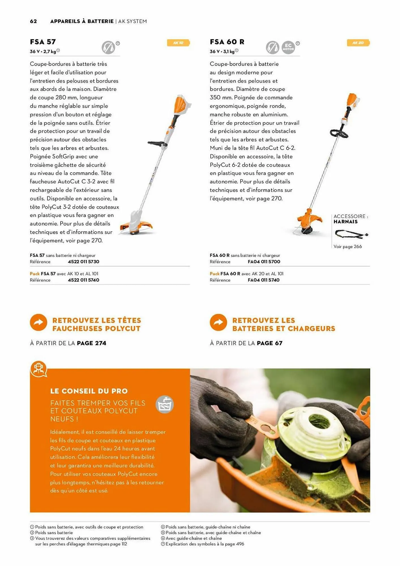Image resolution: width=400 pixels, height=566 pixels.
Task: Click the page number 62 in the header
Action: (x=33, y=21)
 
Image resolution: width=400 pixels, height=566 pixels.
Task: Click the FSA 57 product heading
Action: (x=43, y=42)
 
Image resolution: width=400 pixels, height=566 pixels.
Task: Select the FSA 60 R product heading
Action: (x=227, y=42)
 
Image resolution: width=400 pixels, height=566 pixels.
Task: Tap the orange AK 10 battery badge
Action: (x=178, y=43)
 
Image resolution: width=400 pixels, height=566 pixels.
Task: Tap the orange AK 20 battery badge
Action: (x=358, y=43)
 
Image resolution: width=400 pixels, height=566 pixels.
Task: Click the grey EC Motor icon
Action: (x=288, y=47)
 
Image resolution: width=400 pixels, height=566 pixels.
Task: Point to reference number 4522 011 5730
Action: (x=84, y=262)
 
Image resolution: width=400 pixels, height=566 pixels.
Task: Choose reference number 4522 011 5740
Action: (x=84, y=280)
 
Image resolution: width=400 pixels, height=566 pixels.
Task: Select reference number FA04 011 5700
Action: (x=264, y=262)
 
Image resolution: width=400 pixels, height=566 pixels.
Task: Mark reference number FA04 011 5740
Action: (x=264, y=280)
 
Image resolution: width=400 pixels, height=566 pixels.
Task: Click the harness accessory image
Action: (x=351, y=234)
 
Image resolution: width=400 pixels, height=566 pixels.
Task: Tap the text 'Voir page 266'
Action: (x=348, y=246)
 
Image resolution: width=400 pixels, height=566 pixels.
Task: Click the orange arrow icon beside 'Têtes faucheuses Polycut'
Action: (x=38, y=322)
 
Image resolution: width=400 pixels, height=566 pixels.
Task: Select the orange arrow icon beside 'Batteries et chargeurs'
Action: (x=218, y=322)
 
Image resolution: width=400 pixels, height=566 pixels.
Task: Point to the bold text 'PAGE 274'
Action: (x=91, y=343)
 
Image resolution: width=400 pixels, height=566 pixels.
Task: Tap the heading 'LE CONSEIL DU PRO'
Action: (x=89, y=391)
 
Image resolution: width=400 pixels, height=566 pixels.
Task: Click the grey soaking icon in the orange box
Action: (x=164, y=404)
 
